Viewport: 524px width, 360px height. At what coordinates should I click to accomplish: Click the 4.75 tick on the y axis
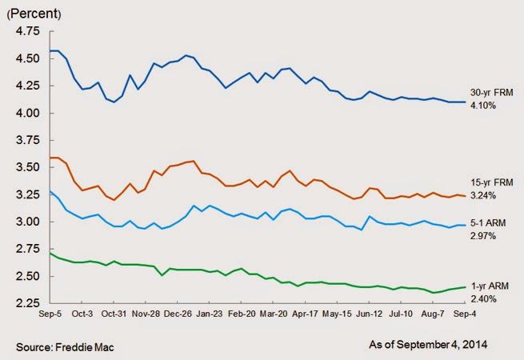coord(28,31)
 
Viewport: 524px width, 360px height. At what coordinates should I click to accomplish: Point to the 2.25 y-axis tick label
coord(28,303)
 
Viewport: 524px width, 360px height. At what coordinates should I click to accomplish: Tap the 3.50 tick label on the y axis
coord(28,167)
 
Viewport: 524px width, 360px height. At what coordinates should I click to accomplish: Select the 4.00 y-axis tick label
coord(28,113)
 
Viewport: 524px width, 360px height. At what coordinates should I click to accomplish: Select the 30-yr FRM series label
coord(487,93)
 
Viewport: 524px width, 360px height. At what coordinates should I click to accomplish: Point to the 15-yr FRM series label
coord(487,182)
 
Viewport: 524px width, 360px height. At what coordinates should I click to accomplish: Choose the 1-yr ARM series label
coord(486,286)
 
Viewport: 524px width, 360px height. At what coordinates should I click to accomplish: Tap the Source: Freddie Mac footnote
coord(59,345)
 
